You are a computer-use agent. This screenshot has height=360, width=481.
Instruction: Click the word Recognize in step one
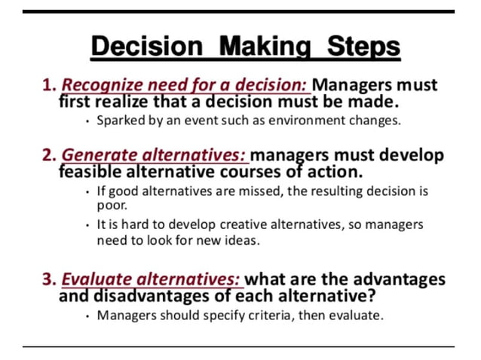[x=100, y=85]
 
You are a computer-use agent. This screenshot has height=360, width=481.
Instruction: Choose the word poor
[x=111, y=204]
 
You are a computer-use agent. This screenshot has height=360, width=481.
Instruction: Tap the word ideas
[x=242, y=240]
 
